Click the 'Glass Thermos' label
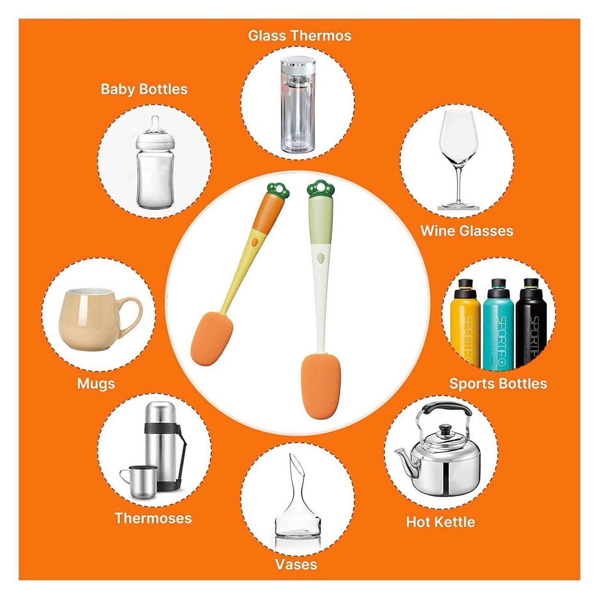(x=299, y=36)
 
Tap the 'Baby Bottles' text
(x=144, y=89)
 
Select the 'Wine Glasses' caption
(x=466, y=231)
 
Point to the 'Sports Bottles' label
(x=498, y=383)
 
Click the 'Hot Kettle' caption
(x=440, y=521)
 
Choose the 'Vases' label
(x=296, y=564)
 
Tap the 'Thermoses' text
(x=153, y=518)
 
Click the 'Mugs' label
(x=96, y=383)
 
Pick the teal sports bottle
(x=498, y=327)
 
